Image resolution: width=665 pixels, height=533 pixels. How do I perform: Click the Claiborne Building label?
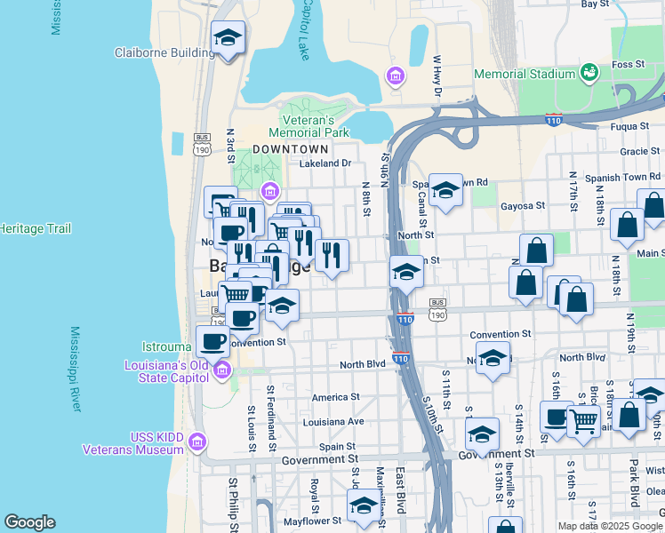(165, 52)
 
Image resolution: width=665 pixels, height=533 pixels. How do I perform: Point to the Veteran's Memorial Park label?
(308, 126)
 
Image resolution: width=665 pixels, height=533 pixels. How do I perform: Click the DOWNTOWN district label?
(290, 149)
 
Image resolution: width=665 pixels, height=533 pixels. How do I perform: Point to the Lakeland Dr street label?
(325, 163)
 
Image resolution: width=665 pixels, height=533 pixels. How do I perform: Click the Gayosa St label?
(523, 205)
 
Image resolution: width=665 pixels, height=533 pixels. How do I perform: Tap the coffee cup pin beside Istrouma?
(213, 341)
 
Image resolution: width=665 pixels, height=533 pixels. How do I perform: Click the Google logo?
(29, 522)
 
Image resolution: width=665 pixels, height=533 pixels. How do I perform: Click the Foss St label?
(627, 64)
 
